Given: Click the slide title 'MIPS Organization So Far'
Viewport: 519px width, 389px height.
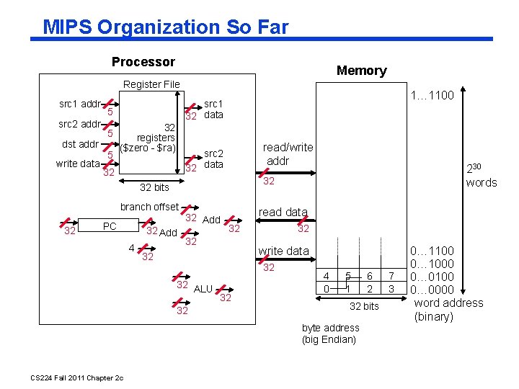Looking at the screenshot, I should pos(165,27).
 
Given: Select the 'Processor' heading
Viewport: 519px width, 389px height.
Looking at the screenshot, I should pos(143,62).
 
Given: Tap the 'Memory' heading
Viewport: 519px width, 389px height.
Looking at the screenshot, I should pos(361,71).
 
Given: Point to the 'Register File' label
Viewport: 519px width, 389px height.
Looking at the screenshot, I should pos(151,84).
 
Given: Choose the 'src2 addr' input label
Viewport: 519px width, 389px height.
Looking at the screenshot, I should pos(79,124).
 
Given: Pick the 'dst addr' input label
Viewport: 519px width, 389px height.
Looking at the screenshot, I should pos(80,143).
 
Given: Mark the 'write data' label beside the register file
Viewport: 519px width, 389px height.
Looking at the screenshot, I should pos(78,164).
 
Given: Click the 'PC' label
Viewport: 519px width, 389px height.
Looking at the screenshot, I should pos(110,226).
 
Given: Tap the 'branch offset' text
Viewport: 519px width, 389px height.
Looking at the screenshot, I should pos(149,207).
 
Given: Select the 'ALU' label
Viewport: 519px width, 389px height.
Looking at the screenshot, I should pos(204,289).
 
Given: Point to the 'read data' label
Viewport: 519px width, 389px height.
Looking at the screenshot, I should pos(283,212).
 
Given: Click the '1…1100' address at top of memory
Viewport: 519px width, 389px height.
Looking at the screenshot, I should pos(432,95).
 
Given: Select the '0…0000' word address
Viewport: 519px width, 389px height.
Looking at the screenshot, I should pos(432,290).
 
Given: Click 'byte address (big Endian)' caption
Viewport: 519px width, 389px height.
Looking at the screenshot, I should pos(330,334).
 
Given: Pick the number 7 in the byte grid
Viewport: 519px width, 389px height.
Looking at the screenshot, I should pos(391,276).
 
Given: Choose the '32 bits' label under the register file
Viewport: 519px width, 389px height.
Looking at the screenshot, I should pos(154,187).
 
